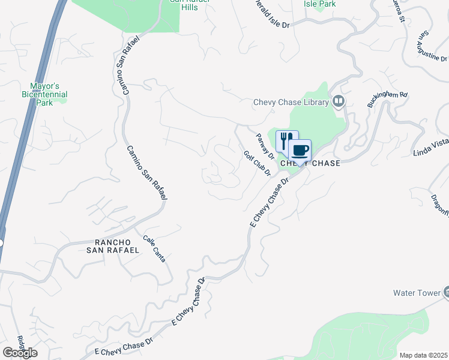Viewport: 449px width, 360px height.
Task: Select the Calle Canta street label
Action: tap(154, 248)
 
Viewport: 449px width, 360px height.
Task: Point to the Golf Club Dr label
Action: tap(258, 163)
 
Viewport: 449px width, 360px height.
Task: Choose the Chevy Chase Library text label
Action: tap(291, 103)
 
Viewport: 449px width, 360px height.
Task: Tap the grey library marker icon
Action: tap(339, 101)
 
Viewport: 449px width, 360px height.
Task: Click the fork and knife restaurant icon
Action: tap(287, 140)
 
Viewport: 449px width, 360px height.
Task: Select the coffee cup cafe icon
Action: tap(300, 149)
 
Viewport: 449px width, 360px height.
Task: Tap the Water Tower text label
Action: tap(416, 293)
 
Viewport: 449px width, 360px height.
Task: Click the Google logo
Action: tap(20, 353)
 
